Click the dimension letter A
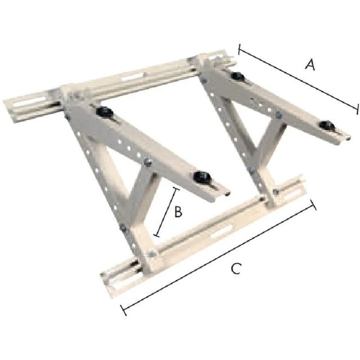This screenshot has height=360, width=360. (x=310, y=65)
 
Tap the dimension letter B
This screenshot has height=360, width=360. (x=178, y=211)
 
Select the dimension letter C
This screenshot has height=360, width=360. (x=236, y=269)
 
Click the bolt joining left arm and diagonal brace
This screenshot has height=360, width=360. (x=146, y=161)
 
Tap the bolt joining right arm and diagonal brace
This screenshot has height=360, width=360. (x=278, y=116)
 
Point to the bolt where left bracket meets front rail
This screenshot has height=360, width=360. (x=151, y=254)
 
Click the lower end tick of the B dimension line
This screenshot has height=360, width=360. (x=157, y=234)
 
